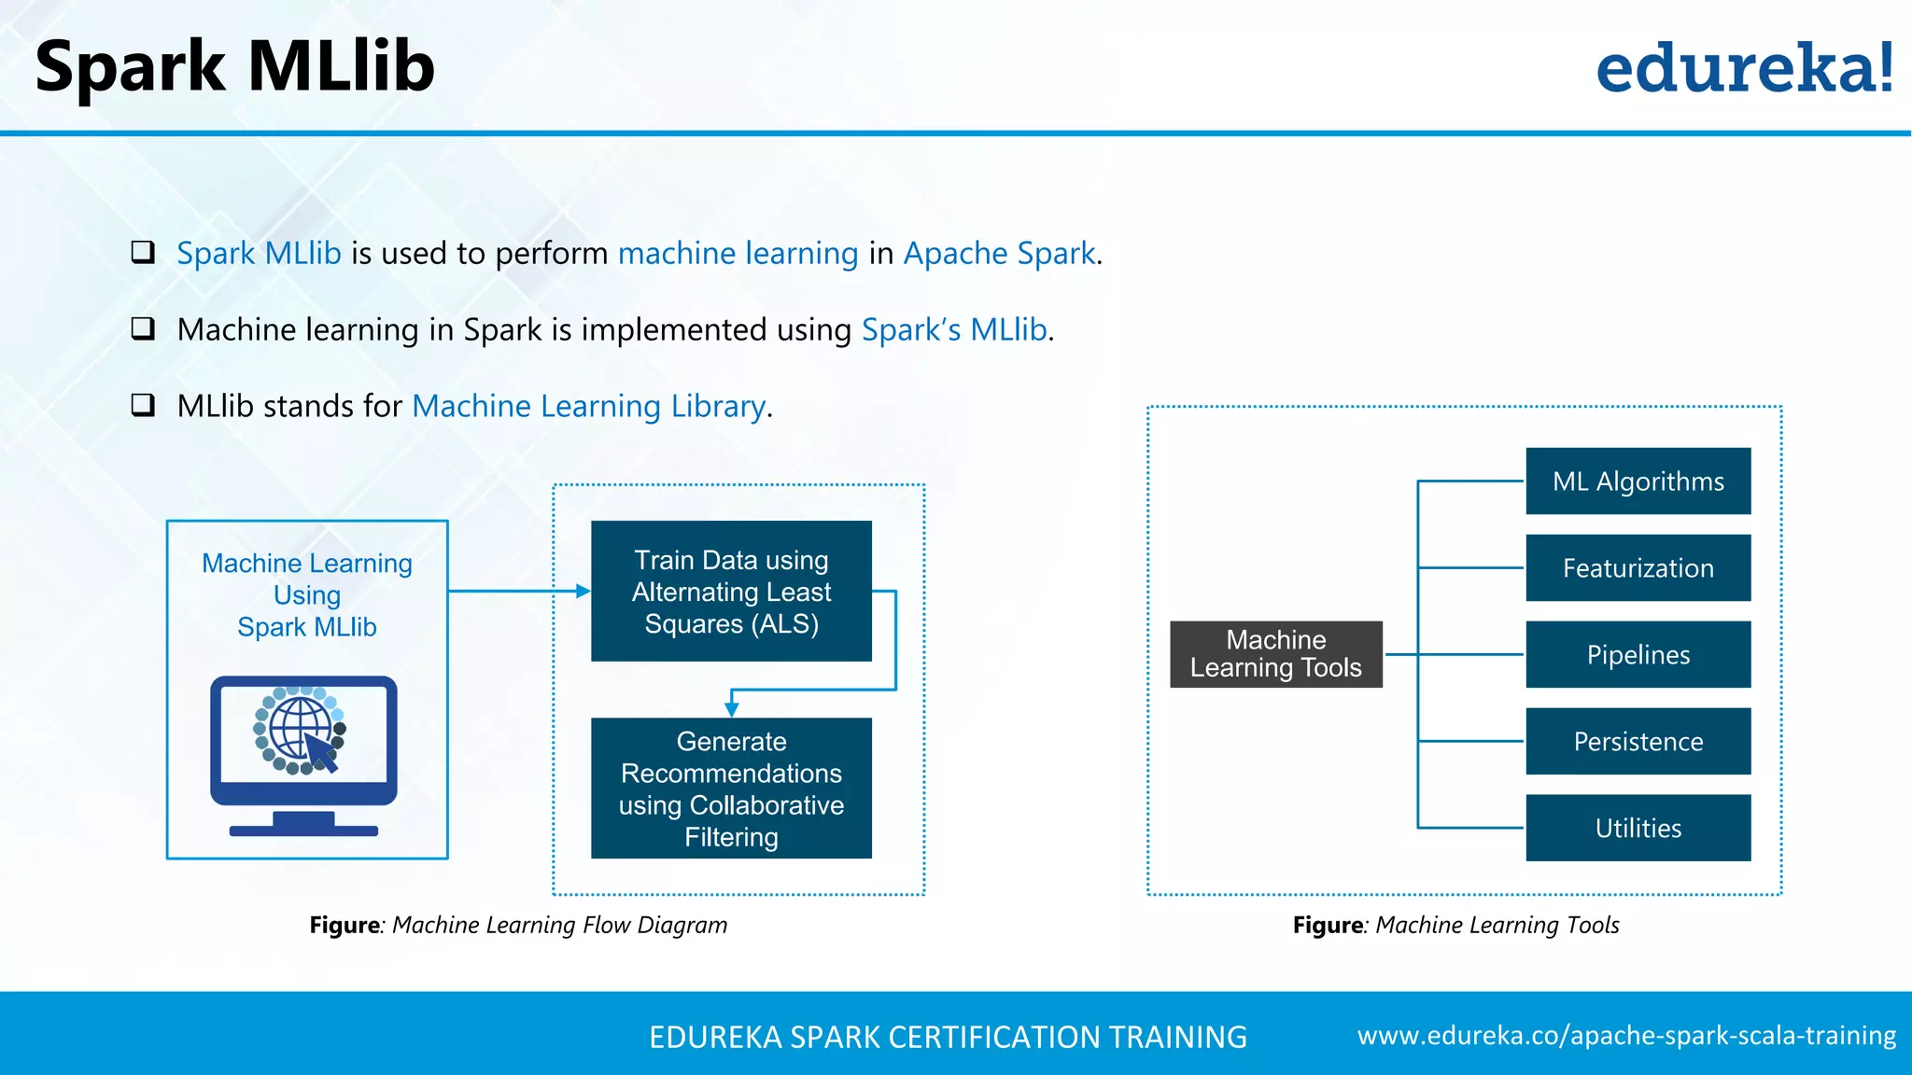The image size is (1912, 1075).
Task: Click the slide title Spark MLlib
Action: pyautogui.click(x=234, y=67)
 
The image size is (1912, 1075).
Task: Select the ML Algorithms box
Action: pyautogui.click(x=1638, y=482)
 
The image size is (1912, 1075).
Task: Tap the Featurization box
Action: pyautogui.click(x=1638, y=568)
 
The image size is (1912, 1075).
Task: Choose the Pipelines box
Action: pyautogui.click(x=1638, y=655)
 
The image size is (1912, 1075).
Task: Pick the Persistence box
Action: pyautogui.click(x=1638, y=742)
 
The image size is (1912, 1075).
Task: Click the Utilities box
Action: pyautogui.click(x=1638, y=828)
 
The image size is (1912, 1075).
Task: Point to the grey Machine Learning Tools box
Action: pyautogui.click(x=1275, y=654)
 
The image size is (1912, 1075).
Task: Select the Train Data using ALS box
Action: pyautogui.click(x=731, y=592)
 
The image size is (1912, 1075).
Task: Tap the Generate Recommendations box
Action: pyautogui.click(x=731, y=789)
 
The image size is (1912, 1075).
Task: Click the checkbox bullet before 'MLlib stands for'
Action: pyautogui.click(x=143, y=405)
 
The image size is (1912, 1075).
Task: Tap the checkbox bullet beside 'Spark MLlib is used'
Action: pyautogui.click(x=143, y=252)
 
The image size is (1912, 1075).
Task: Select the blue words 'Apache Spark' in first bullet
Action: pyautogui.click(x=999, y=254)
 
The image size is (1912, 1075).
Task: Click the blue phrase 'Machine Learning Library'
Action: pyautogui.click(x=589, y=407)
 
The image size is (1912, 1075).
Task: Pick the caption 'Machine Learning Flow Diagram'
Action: pyautogui.click(x=559, y=925)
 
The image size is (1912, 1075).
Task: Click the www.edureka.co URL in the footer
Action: pyautogui.click(x=1626, y=1036)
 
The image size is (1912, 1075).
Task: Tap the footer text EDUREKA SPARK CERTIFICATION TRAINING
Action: pyautogui.click(x=948, y=1037)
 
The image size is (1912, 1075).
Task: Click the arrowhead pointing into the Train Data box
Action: pyautogui.click(x=583, y=591)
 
